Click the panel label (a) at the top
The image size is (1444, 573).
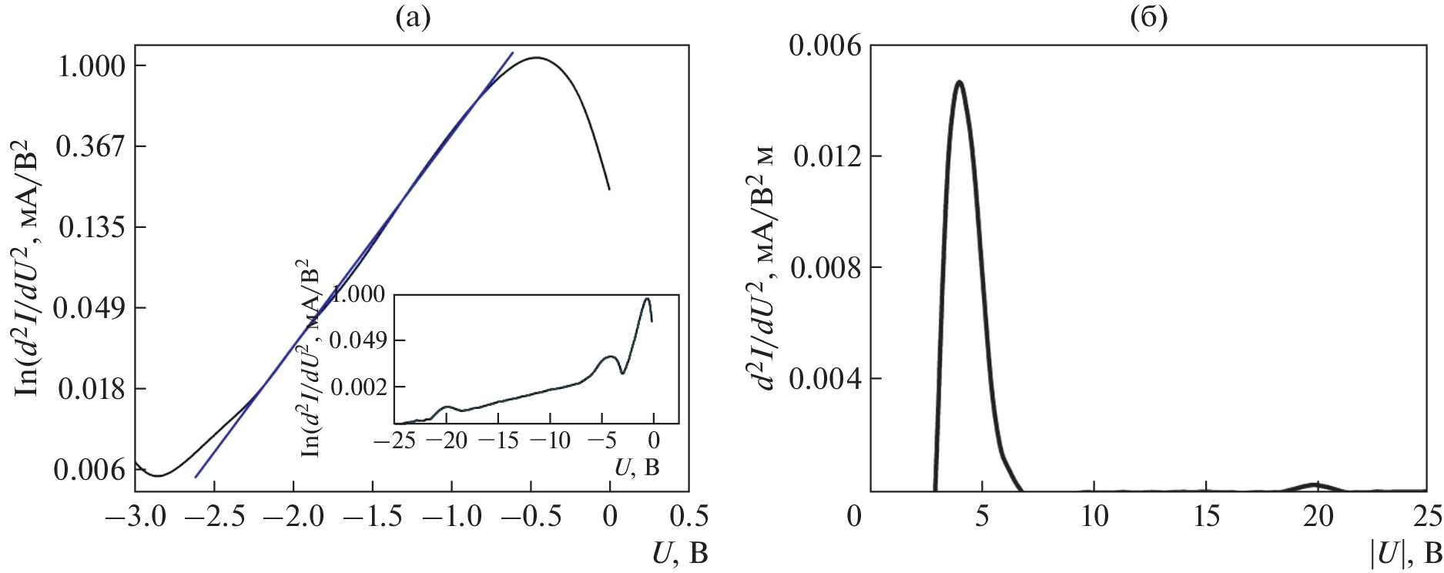coord(412,18)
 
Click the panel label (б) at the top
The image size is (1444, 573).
coord(1148,18)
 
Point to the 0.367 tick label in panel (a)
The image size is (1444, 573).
coord(91,146)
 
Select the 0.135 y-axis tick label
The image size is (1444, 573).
coord(91,227)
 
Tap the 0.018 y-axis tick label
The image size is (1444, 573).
coord(91,389)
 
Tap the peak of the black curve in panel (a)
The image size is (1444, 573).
coord(537,58)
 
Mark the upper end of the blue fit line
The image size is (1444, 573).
coord(512,53)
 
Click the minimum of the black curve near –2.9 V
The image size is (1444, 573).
coord(156,476)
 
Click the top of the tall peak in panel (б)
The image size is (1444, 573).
coord(959,82)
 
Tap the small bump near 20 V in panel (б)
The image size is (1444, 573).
coord(1316,484)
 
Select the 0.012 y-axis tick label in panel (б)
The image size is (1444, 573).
coord(826,156)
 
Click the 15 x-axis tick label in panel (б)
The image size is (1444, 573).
coord(1206,517)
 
